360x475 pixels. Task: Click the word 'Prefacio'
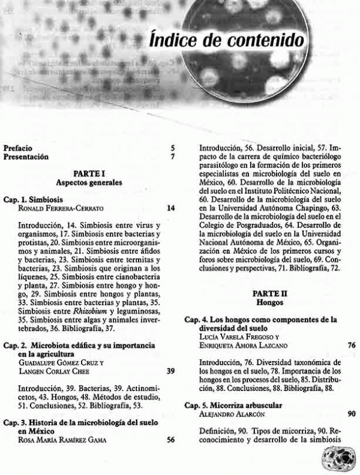(18, 147)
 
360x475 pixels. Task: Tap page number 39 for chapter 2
(171, 371)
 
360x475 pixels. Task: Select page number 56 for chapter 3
(171, 439)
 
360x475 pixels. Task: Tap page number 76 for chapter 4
(350, 345)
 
